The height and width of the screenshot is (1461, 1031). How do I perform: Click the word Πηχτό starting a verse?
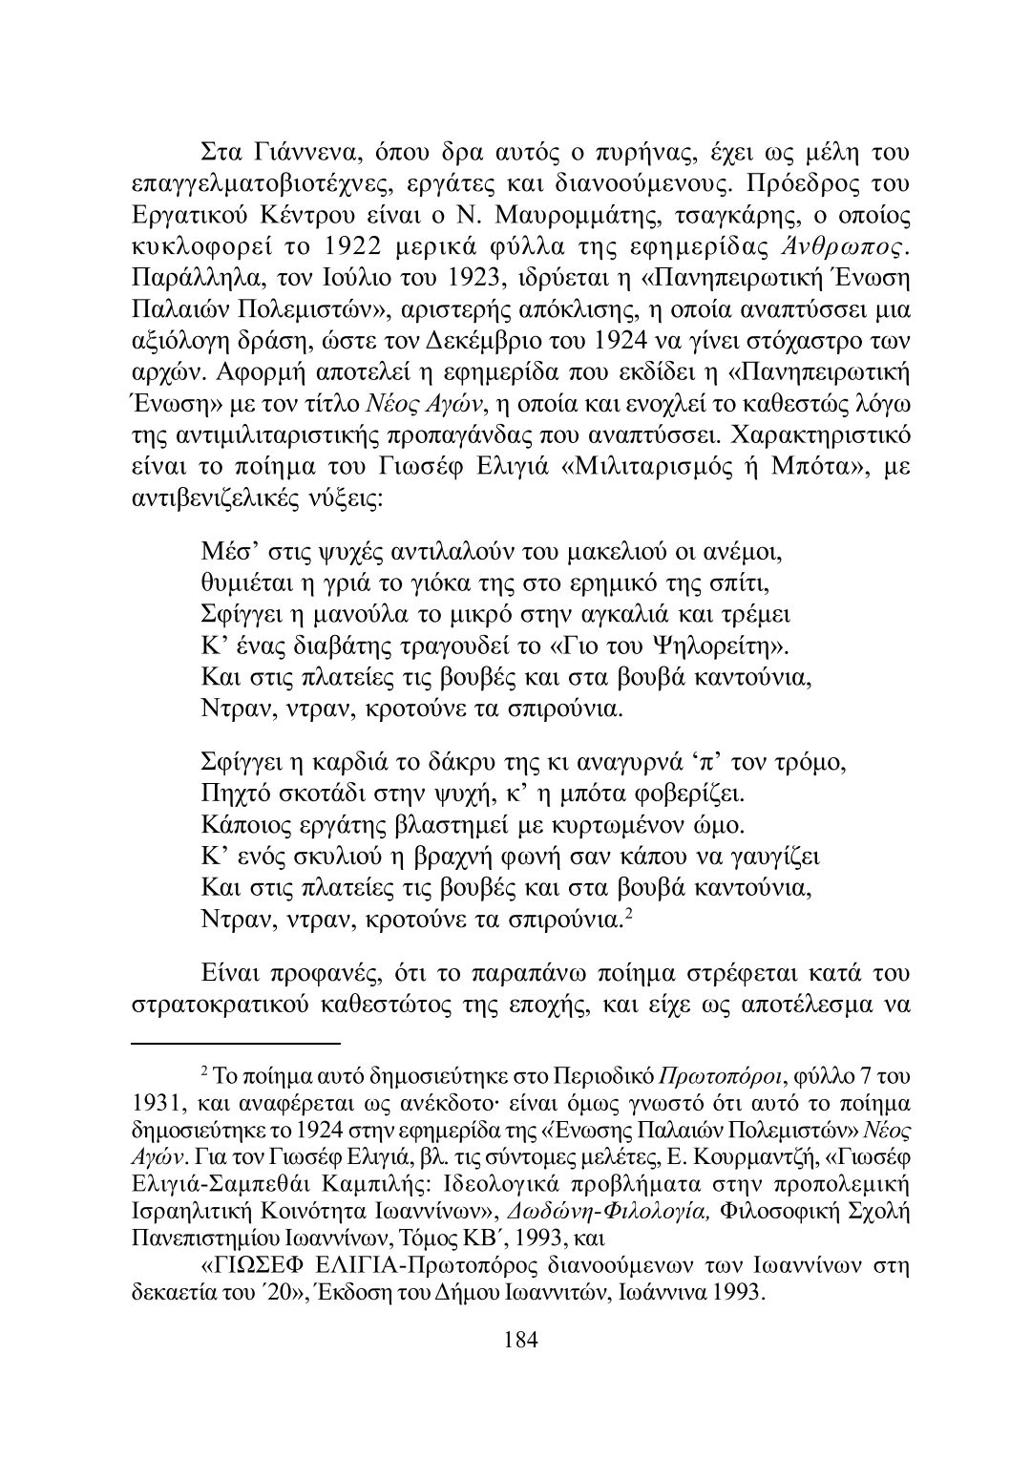pyautogui.click(x=236, y=794)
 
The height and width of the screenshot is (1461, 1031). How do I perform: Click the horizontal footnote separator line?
pyautogui.click(x=235, y=1045)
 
